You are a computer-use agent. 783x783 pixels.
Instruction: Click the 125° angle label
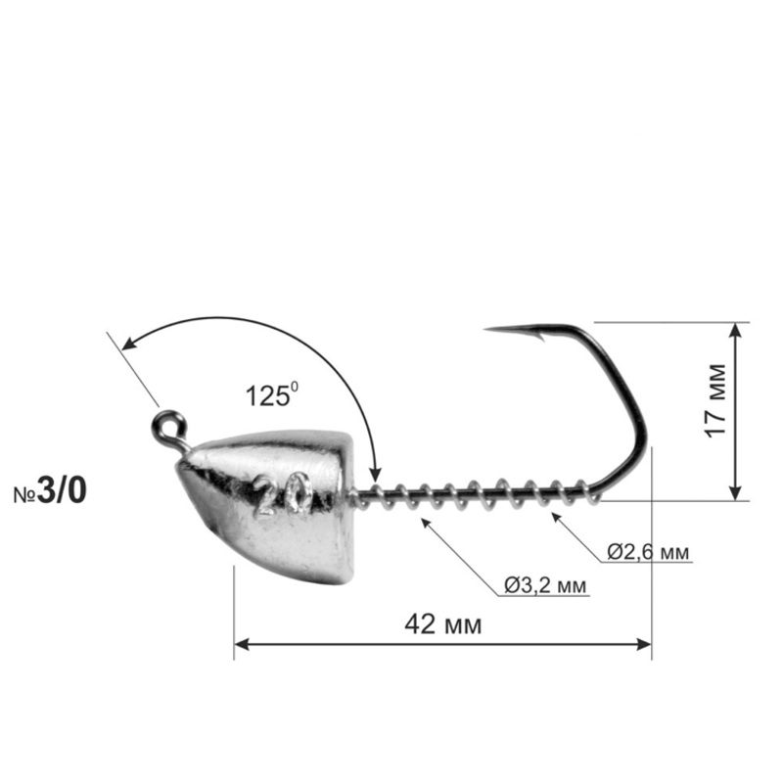(270, 396)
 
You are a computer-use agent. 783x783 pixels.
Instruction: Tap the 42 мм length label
(442, 624)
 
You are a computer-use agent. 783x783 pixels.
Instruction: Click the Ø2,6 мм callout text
(647, 552)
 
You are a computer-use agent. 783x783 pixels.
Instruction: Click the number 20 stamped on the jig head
(282, 496)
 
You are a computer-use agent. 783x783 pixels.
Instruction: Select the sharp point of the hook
(486, 330)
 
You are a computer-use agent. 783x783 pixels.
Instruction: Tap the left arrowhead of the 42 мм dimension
(241, 644)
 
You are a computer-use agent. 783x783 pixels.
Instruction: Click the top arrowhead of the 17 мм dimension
(737, 329)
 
